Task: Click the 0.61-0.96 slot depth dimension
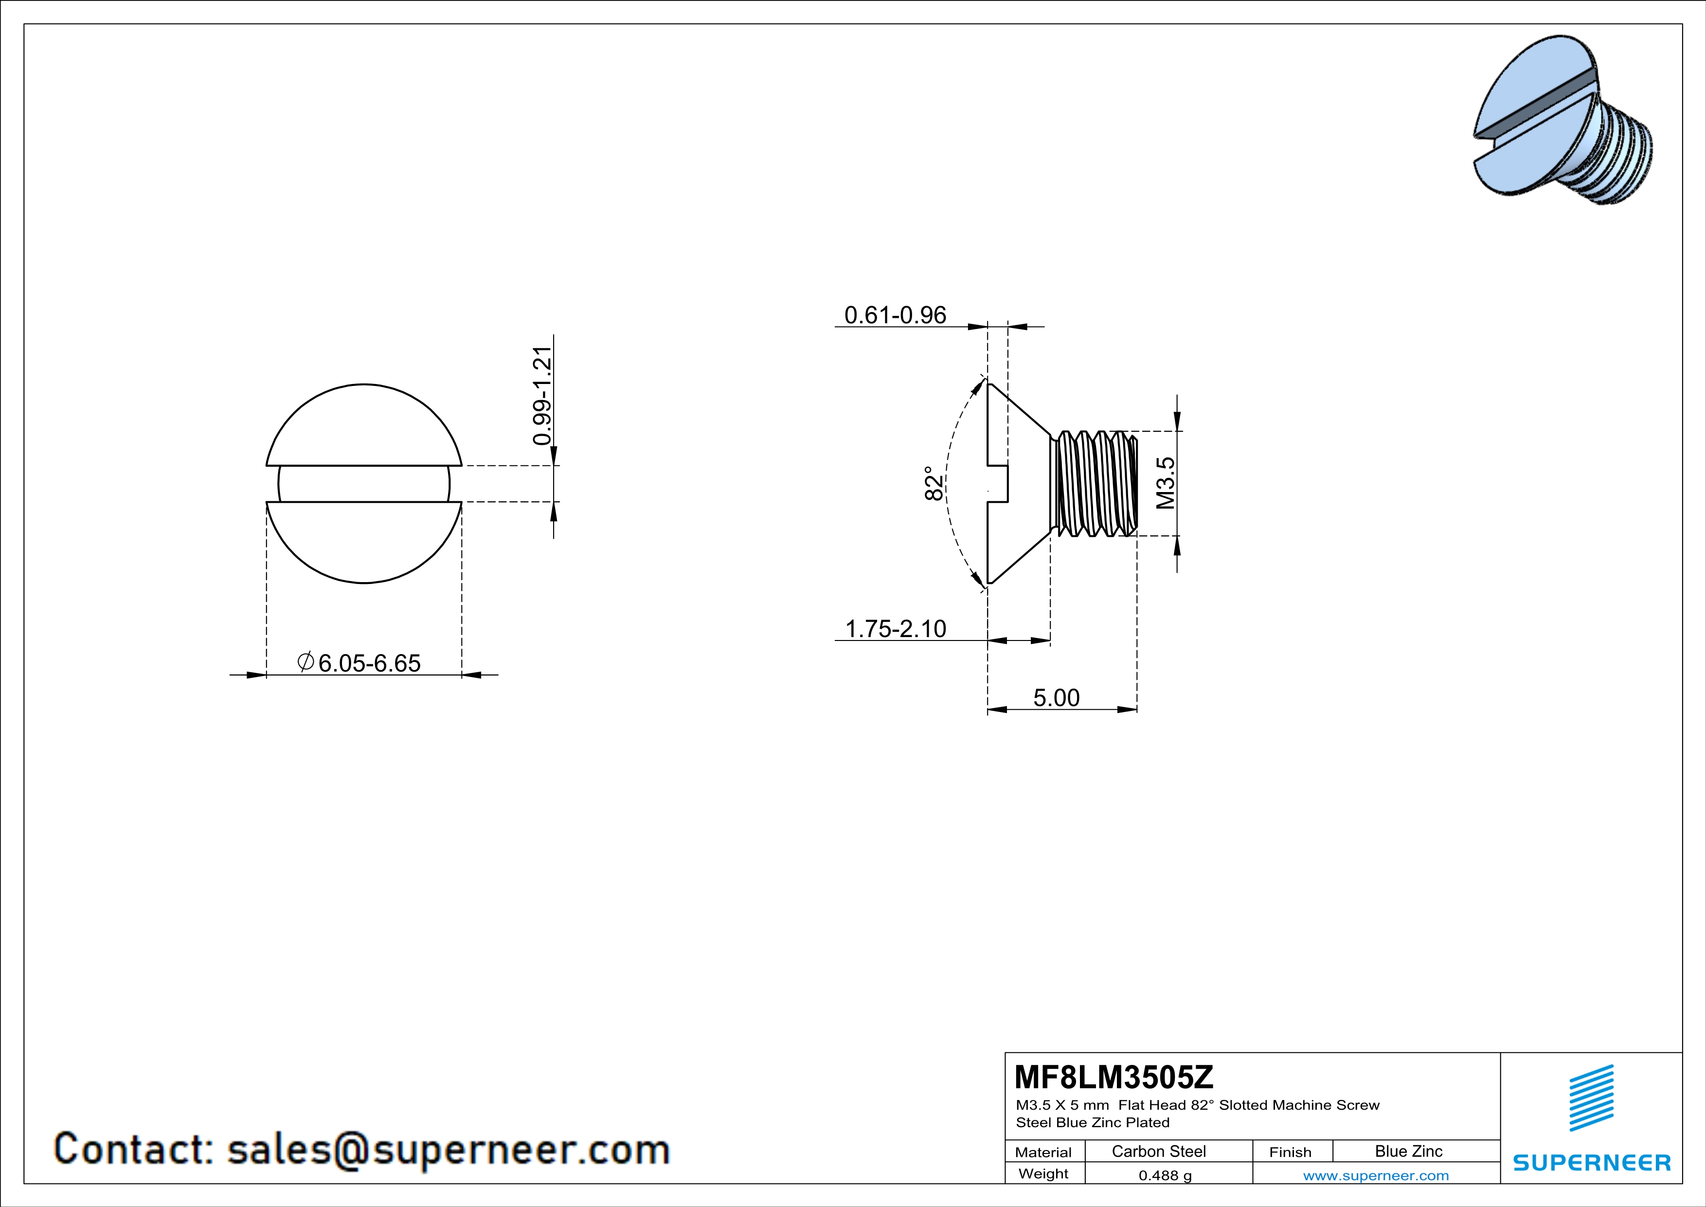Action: (896, 315)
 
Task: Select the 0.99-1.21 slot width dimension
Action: (543, 395)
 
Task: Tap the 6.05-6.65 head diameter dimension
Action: (369, 662)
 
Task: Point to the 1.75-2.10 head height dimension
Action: (896, 629)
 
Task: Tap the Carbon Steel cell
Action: (1158, 1151)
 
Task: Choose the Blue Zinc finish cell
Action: (1409, 1151)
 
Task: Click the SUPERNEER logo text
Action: (1592, 1162)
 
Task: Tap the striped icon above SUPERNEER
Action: (1592, 1098)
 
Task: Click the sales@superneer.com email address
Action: (448, 1149)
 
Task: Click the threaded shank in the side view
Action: (1094, 483)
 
